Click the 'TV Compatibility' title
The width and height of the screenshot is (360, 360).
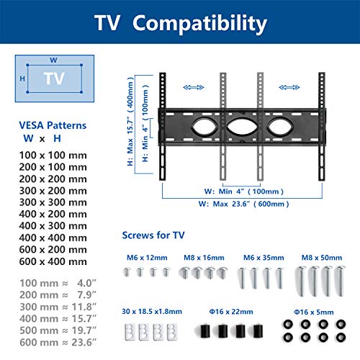pos(181,23)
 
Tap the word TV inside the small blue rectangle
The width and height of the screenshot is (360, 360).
pos(54,78)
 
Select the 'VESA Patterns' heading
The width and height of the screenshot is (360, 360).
pos(53,125)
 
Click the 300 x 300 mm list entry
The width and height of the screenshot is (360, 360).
pos(53,202)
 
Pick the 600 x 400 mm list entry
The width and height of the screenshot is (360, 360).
pos(53,261)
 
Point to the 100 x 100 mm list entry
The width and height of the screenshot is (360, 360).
pos(53,156)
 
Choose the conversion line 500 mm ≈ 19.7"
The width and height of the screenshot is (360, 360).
pos(58,330)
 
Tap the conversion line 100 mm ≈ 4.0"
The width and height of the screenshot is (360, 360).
pos(58,283)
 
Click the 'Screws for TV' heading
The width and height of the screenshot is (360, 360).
pos(153,235)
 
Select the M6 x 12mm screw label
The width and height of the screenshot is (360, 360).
pos(147,258)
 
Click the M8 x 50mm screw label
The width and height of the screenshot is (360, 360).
pos(322,258)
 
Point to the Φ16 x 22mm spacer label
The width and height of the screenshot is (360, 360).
pos(231,312)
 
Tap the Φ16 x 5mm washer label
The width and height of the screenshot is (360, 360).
pos(314,312)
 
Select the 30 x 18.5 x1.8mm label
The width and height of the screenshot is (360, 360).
pos(152,312)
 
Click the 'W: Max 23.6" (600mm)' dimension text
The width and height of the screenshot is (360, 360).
pos(243,204)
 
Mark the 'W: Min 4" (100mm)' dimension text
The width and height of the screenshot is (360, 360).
pos(244,192)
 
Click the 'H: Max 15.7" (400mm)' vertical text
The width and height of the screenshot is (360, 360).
pos(130,121)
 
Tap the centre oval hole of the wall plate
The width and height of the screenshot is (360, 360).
pos(242,127)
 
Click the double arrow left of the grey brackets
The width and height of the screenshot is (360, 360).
pos(194,87)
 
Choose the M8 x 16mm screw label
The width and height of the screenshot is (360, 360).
pos(204,258)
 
